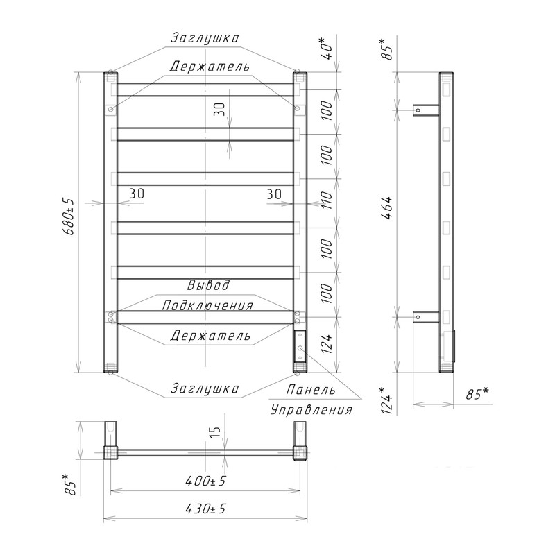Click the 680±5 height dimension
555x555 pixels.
tap(68, 216)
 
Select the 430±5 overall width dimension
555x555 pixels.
tap(205, 509)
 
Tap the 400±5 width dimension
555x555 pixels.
tap(205, 481)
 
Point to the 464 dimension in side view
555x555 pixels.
tap(388, 209)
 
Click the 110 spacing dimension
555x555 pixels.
tap(327, 200)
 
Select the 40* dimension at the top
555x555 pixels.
tap(328, 47)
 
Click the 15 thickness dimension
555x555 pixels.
tap(216, 431)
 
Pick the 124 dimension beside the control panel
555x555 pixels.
tap(327, 343)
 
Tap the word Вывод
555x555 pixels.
tap(208, 285)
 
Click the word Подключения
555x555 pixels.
tap(207, 305)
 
